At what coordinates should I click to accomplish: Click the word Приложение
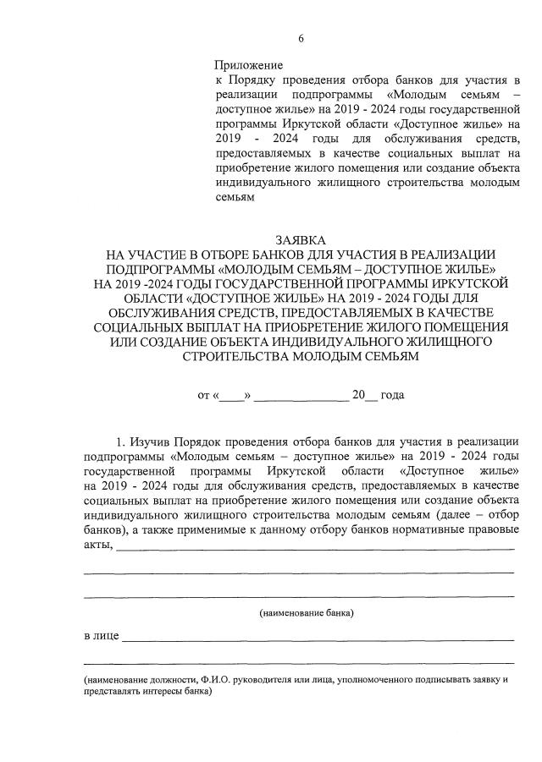click(248, 64)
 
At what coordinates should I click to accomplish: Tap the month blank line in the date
click(301, 396)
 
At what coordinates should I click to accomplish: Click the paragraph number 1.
click(119, 442)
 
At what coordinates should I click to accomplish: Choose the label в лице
click(101, 635)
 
